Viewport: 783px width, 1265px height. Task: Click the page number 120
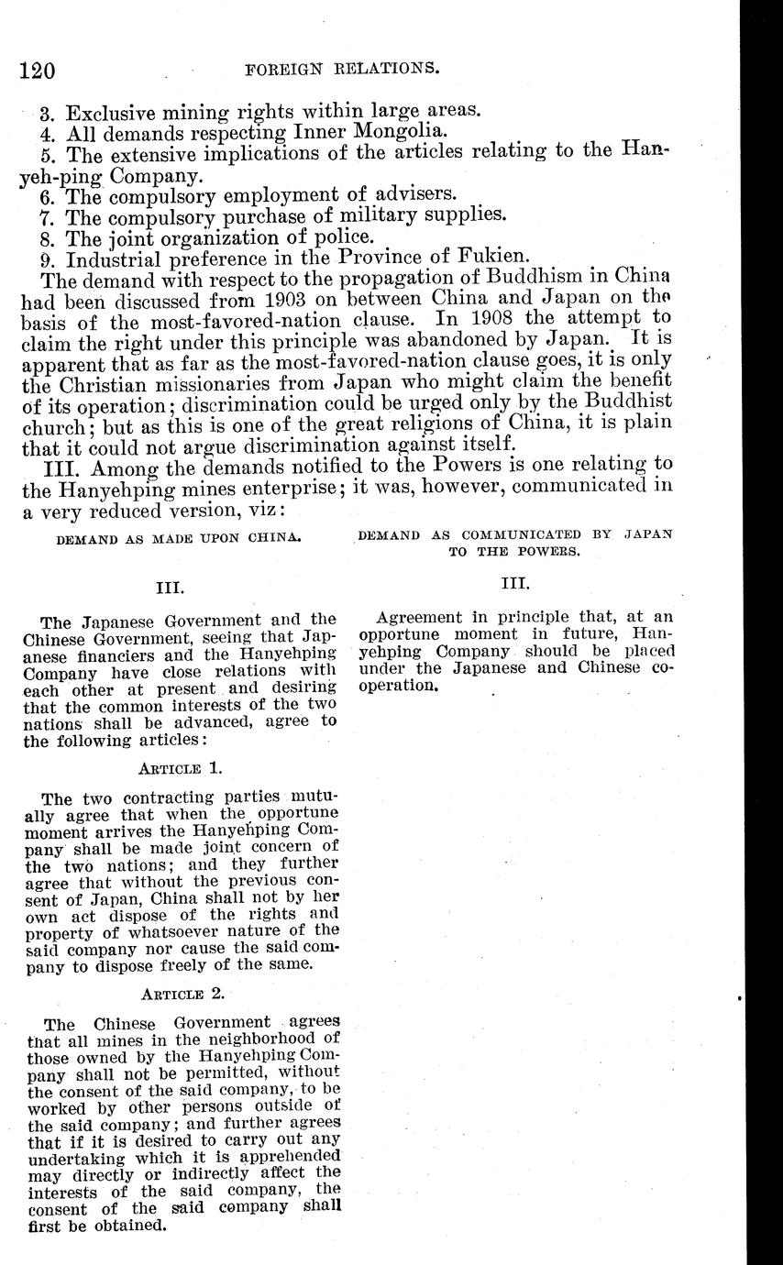tap(37, 70)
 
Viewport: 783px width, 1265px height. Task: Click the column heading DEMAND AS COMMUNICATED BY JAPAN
tap(514, 534)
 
